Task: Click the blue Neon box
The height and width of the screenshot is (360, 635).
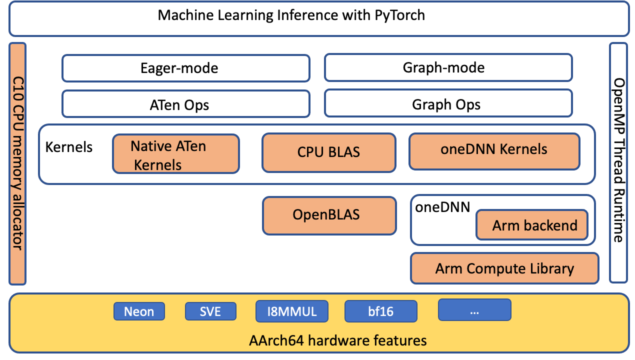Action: click(x=139, y=311)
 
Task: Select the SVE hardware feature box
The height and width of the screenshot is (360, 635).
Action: click(x=210, y=311)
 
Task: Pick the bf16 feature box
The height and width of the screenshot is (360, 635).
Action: click(x=380, y=311)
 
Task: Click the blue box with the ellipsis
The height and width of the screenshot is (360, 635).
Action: click(x=474, y=310)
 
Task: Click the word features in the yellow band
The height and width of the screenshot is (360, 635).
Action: click(x=400, y=341)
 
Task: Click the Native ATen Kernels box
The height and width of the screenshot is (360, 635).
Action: click(x=175, y=154)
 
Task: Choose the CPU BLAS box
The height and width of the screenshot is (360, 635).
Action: click(x=328, y=152)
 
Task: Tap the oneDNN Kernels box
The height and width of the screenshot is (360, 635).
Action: click(x=494, y=150)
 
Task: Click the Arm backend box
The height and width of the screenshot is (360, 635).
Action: click(x=532, y=225)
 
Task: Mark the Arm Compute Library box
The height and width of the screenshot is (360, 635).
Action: click(x=504, y=268)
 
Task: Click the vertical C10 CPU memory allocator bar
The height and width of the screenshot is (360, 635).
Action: click(x=17, y=163)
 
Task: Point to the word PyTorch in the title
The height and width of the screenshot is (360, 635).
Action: click(x=399, y=15)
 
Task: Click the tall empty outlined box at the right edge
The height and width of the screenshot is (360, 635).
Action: click(x=618, y=162)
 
